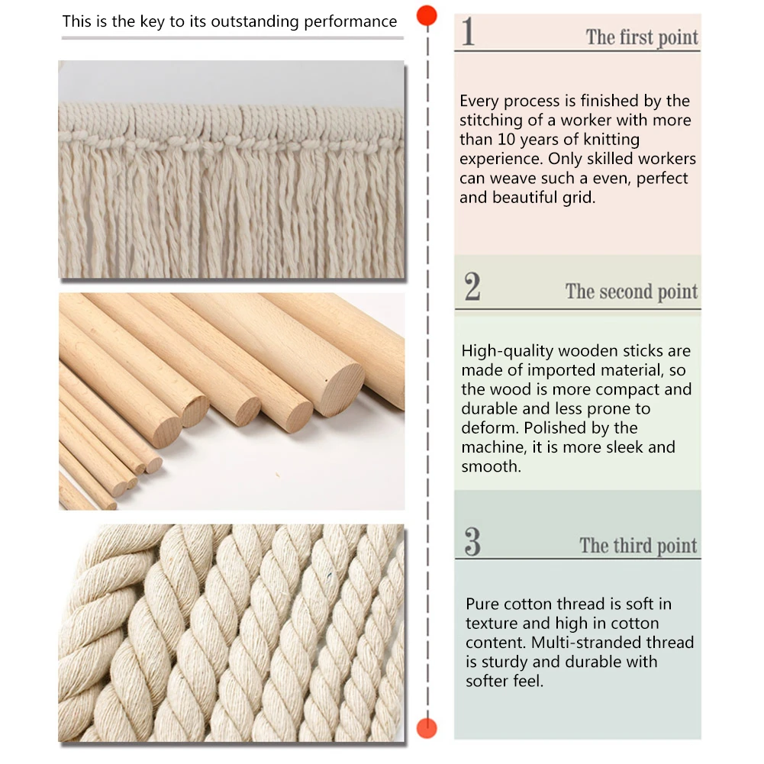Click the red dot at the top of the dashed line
click(x=427, y=15)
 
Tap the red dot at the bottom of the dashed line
click(x=427, y=728)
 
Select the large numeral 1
click(x=468, y=31)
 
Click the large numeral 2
click(x=472, y=286)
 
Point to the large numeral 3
click(x=472, y=541)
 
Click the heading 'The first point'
click(x=642, y=37)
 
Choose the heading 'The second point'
click(x=631, y=292)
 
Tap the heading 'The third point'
click(x=638, y=546)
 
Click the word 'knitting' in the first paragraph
click(x=611, y=140)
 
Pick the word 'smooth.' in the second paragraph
click(x=492, y=466)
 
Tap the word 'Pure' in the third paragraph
click(x=482, y=604)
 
